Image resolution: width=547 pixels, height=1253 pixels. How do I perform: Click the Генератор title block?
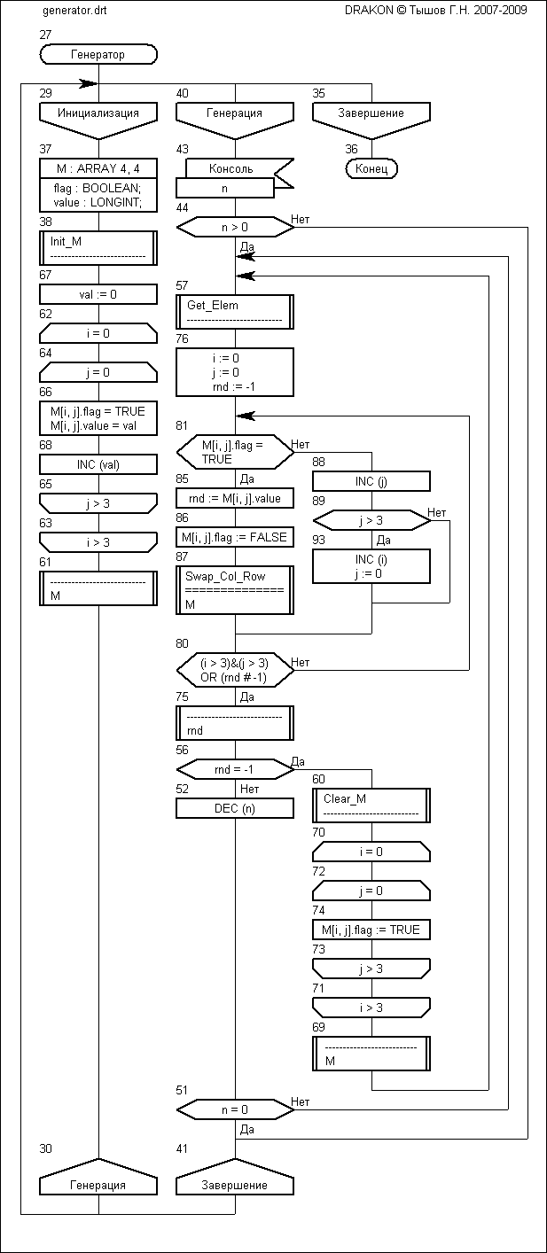(x=98, y=55)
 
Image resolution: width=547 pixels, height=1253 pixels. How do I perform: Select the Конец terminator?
(x=371, y=168)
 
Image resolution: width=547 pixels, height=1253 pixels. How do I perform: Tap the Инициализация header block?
(x=98, y=113)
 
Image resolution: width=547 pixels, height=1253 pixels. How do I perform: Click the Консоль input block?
(x=231, y=168)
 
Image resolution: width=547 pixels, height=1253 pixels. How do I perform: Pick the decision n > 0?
(x=235, y=228)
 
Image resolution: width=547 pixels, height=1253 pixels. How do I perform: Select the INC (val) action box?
(x=98, y=464)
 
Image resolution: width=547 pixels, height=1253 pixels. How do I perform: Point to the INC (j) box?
(x=371, y=481)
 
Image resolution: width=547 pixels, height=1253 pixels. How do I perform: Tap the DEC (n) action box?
(x=235, y=807)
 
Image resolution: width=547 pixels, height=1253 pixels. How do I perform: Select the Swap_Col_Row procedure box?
(x=235, y=587)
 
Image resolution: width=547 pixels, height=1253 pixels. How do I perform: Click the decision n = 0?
(x=235, y=1109)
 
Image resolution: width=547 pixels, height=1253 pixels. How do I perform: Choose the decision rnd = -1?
(x=235, y=770)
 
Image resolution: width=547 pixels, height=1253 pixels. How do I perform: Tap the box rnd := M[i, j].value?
(x=235, y=498)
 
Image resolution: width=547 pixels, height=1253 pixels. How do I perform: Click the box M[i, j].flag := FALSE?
(x=235, y=537)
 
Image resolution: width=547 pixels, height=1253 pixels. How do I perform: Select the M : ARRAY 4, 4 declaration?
(x=98, y=168)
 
